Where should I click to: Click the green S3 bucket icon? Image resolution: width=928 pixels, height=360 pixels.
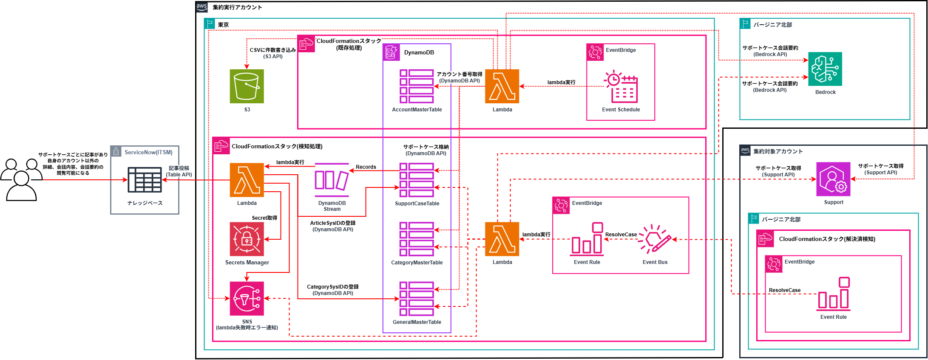click(247, 86)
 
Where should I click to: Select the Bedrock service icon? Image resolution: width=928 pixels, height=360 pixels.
click(825, 69)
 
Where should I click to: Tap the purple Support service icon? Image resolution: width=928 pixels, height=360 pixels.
click(833, 179)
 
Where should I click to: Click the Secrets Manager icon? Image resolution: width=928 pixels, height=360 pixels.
click(247, 239)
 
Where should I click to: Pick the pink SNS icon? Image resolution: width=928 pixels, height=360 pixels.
click(247, 298)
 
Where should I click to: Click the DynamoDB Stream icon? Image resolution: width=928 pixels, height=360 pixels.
click(332, 180)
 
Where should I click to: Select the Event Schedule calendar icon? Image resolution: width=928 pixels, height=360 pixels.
click(621, 87)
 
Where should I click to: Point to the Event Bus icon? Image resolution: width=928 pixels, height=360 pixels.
click(655, 239)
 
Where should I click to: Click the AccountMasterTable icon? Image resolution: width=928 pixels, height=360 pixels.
click(417, 86)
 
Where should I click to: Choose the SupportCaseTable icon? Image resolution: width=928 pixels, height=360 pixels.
click(417, 180)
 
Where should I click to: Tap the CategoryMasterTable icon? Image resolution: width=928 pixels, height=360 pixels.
click(417, 239)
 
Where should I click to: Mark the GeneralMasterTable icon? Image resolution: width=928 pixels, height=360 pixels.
click(417, 298)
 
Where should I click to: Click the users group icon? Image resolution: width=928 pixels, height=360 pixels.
click(21, 179)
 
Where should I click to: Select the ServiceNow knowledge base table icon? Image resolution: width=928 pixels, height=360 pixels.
click(145, 180)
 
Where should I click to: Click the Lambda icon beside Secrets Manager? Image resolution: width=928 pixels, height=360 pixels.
click(247, 180)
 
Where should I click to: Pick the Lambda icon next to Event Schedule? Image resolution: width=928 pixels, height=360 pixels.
click(502, 86)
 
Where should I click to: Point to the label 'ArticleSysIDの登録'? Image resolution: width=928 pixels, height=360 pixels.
click(333, 223)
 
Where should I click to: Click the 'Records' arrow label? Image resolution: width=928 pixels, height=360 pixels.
click(366, 167)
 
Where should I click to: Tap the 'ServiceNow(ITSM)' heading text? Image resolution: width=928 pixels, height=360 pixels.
click(148, 152)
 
